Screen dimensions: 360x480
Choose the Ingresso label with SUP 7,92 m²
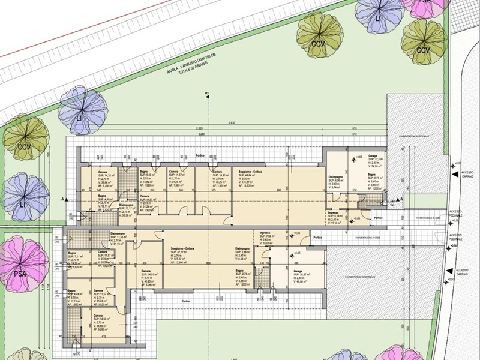[266, 236]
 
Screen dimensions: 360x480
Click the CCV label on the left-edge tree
[23, 147]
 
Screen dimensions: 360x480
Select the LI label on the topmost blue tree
[378, 19]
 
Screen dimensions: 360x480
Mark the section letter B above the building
[206, 94]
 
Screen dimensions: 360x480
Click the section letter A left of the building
[62, 199]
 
